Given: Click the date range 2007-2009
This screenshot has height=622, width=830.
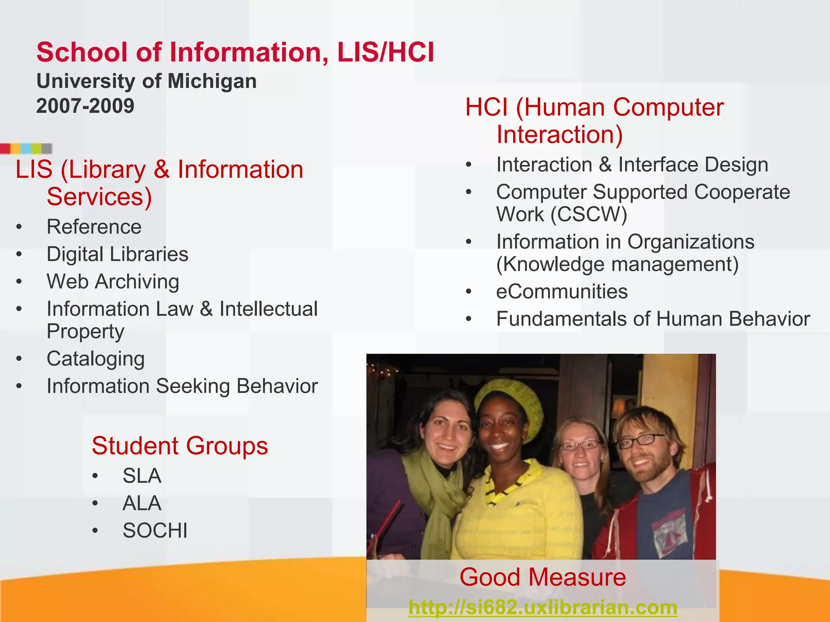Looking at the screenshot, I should pyautogui.click(x=85, y=106).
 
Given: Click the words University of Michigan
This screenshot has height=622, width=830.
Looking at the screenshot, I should pyautogui.click(x=146, y=81).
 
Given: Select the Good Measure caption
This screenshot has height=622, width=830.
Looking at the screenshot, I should pyautogui.click(x=543, y=577).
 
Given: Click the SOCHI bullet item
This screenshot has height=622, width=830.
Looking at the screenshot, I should pyautogui.click(x=155, y=530).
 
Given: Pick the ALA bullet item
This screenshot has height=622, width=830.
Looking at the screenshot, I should pyautogui.click(x=142, y=503).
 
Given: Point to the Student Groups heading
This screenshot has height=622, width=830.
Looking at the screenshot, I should pyautogui.click(x=180, y=446).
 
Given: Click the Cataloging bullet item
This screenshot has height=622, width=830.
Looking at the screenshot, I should pyautogui.click(x=96, y=359).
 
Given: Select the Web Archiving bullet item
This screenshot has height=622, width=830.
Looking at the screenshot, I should pyautogui.click(x=113, y=281).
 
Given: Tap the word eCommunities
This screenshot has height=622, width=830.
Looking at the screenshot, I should pyautogui.click(x=562, y=292).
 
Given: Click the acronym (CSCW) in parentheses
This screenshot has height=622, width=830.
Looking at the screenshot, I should pyautogui.click(x=588, y=214).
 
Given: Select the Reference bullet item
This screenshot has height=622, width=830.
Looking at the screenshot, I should pyautogui.click(x=94, y=227).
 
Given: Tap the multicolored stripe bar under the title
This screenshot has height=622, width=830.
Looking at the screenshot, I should pyautogui.click(x=26, y=149).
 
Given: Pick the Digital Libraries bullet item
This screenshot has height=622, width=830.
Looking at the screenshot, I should pyautogui.click(x=118, y=254).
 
